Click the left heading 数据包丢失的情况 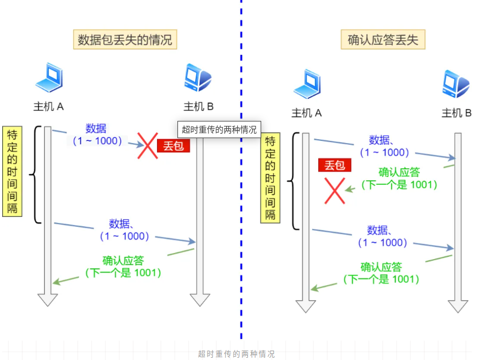click(125, 40)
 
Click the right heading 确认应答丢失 click(383, 40)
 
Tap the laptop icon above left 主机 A click(49, 78)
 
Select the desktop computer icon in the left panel click(198, 78)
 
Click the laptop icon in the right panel click(307, 84)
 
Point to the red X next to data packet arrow click(148, 145)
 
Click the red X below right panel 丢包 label click(334, 190)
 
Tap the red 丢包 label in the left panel click(173, 146)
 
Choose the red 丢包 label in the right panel click(335, 165)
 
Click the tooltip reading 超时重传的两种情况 click(220, 130)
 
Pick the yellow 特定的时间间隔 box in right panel click(270, 179)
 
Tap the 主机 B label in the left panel click(199, 107)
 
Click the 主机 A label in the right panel click(307, 113)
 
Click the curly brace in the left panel click(34, 175)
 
